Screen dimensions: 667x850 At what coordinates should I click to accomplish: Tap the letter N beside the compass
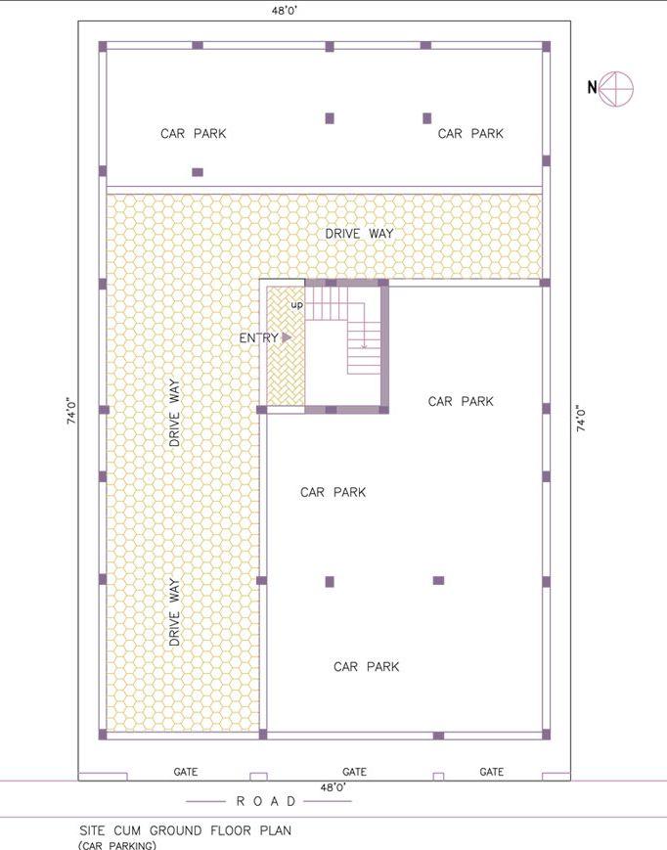coord(593,87)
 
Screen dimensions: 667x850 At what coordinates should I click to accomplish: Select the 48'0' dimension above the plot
coord(285,11)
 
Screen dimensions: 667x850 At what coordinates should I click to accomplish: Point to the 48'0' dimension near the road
coord(333,787)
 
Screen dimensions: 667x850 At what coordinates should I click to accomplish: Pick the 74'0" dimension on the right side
coord(581,418)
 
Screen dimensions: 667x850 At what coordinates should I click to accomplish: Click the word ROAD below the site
coord(266,801)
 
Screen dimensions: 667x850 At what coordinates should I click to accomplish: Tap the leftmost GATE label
coord(185,772)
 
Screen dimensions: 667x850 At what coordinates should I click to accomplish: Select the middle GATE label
coord(354,772)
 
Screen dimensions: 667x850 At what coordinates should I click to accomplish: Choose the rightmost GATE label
coord(491,772)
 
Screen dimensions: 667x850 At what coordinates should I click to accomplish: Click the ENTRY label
coord(259,337)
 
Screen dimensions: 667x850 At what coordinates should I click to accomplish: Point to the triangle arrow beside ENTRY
coord(287,337)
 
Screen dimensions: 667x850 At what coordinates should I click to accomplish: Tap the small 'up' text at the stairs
coord(297,305)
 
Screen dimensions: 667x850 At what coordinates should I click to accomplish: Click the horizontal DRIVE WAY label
coord(359,234)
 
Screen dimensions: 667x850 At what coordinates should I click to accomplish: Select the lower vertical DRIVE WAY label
coord(174,612)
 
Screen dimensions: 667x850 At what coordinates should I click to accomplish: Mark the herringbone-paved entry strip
coord(287,346)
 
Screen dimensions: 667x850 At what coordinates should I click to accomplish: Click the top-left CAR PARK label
coord(193,133)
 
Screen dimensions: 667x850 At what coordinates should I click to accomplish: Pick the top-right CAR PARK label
coord(470,133)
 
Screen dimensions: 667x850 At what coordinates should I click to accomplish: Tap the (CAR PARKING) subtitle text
coord(117,845)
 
